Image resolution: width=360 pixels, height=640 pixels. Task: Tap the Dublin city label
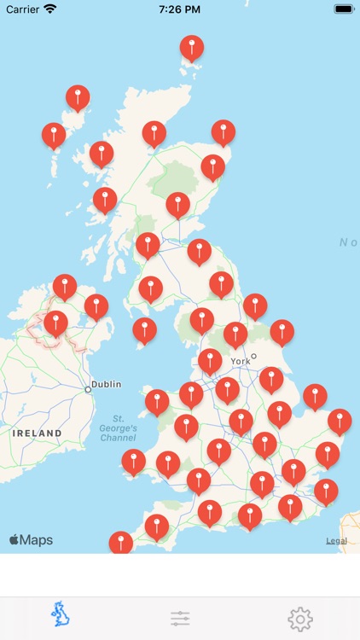click(107, 384)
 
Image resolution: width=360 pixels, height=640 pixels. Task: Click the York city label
click(241, 361)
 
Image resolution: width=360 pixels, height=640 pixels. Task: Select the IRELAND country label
click(37, 433)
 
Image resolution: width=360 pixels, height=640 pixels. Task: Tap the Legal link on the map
click(336, 541)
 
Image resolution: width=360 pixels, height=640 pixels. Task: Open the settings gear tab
click(299, 619)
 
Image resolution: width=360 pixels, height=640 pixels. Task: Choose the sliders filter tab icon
click(180, 619)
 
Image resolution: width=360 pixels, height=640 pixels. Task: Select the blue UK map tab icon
click(60, 614)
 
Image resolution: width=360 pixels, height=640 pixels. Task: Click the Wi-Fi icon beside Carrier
click(50, 9)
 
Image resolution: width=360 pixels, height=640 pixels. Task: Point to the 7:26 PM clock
click(179, 9)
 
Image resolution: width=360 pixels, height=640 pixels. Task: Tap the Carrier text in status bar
click(23, 9)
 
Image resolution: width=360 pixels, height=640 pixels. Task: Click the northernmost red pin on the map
click(192, 48)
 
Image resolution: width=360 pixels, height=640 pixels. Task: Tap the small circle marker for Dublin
click(88, 389)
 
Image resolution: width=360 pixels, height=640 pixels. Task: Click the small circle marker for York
click(253, 356)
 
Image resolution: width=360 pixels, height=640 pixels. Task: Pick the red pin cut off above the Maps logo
click(121, 542)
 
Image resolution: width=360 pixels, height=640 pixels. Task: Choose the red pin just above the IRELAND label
click(55, 323)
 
